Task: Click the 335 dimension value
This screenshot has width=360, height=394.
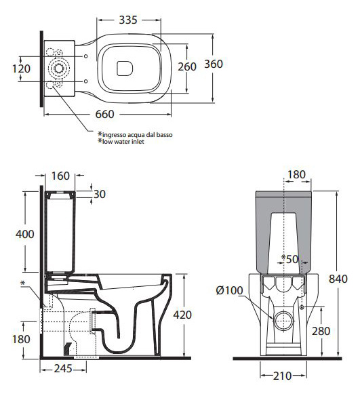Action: click(x=128, y=20)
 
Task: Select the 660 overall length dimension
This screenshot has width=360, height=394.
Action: click(x=105, y=115)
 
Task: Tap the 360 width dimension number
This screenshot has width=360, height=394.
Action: click(x=214, y=64)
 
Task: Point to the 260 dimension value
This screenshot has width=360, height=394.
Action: click(x=187, y=67)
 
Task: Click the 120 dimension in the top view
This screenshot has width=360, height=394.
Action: click(x=21, y=69)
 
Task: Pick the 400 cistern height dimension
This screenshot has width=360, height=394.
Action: click(x=25, y=234)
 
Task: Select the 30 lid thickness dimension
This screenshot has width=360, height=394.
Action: click(x=100, y=194)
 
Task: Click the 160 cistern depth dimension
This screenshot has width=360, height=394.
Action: click(x=60, y=176)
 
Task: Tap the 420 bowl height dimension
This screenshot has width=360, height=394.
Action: click(x=182, y=315)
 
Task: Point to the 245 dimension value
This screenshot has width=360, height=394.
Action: click(x=63, y=369)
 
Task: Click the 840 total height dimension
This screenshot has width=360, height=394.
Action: click(x=338, y=279)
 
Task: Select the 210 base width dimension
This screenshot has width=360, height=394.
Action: click(x=283, y=376)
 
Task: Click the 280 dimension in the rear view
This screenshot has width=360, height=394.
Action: click(x=321, y=331)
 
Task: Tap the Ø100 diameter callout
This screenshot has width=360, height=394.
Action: click(x=229, y=290)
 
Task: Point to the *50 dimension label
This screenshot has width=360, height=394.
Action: click(x=289, y=259)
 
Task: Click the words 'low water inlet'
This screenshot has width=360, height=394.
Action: click(x=123, y=142)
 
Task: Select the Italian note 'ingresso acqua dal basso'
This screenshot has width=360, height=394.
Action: click(x=138, y=135)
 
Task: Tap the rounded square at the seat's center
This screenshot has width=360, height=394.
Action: click(x=125, y=68)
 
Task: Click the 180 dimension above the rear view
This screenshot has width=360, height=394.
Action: click(x=296, y=175)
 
